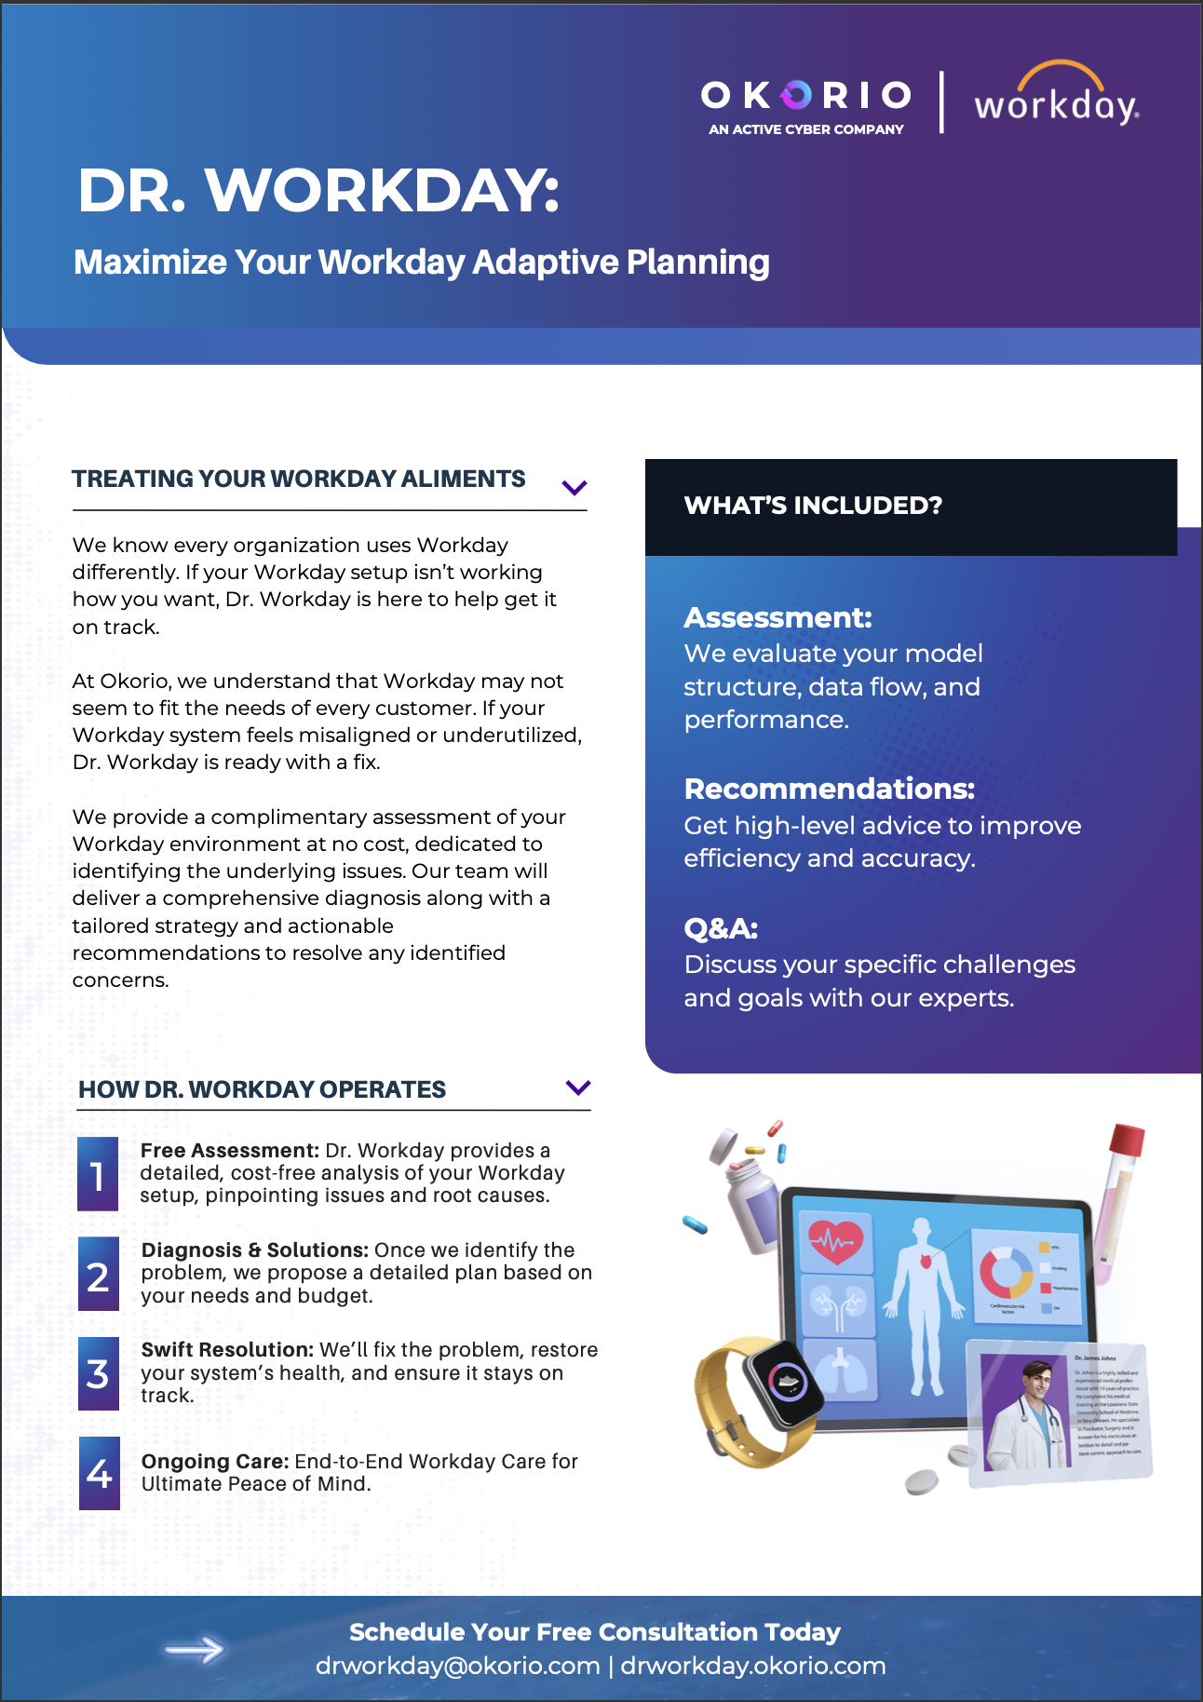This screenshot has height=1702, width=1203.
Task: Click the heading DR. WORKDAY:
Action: (x=318, y=191)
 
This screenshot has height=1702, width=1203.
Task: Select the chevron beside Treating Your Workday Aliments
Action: (x=574, y=487)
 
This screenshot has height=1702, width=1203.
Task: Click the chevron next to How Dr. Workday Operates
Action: (x=578, y=1087)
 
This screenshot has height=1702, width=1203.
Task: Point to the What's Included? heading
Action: (x=813, y=506)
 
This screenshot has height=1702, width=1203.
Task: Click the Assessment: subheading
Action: (x=777, y=617)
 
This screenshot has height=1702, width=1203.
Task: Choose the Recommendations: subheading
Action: (x=829, y=789)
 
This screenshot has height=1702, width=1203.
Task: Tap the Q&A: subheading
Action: (x=721, y=928)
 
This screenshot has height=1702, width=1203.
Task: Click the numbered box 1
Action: (x=98, y=1174)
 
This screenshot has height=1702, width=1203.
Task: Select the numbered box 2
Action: (x=98, y=1275)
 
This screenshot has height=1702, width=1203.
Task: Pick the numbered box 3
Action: (x=98, y=1374)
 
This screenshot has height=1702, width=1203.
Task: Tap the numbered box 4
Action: (x=99, y=1473)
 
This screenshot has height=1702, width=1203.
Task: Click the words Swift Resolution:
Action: (x=227, y=1350)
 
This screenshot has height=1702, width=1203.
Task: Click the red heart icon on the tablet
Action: (x=835, y=1241)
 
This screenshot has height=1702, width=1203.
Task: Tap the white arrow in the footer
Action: (x=195, y=1650)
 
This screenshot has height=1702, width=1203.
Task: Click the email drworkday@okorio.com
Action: (x=457, y=1666)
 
